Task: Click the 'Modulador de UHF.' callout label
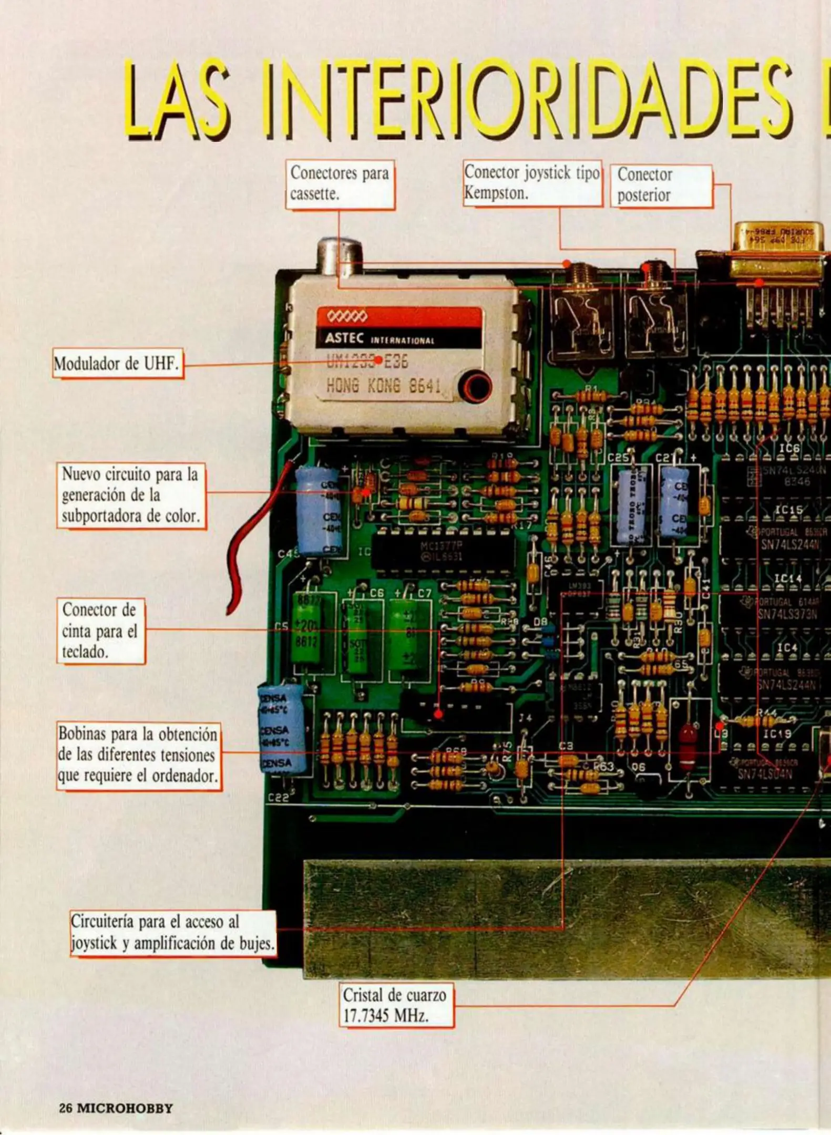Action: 117,363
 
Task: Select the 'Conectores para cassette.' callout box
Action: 340,184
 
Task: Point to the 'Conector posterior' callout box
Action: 661,185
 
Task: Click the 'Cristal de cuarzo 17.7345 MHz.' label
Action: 395,1005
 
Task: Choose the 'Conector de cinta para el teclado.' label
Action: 100,631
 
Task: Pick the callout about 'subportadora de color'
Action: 131,496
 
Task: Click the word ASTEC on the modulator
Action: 344,338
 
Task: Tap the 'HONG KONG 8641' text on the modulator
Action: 383,386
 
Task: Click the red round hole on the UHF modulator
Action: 475,388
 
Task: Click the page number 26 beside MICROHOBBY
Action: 65,1108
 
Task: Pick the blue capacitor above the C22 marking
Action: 281,728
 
